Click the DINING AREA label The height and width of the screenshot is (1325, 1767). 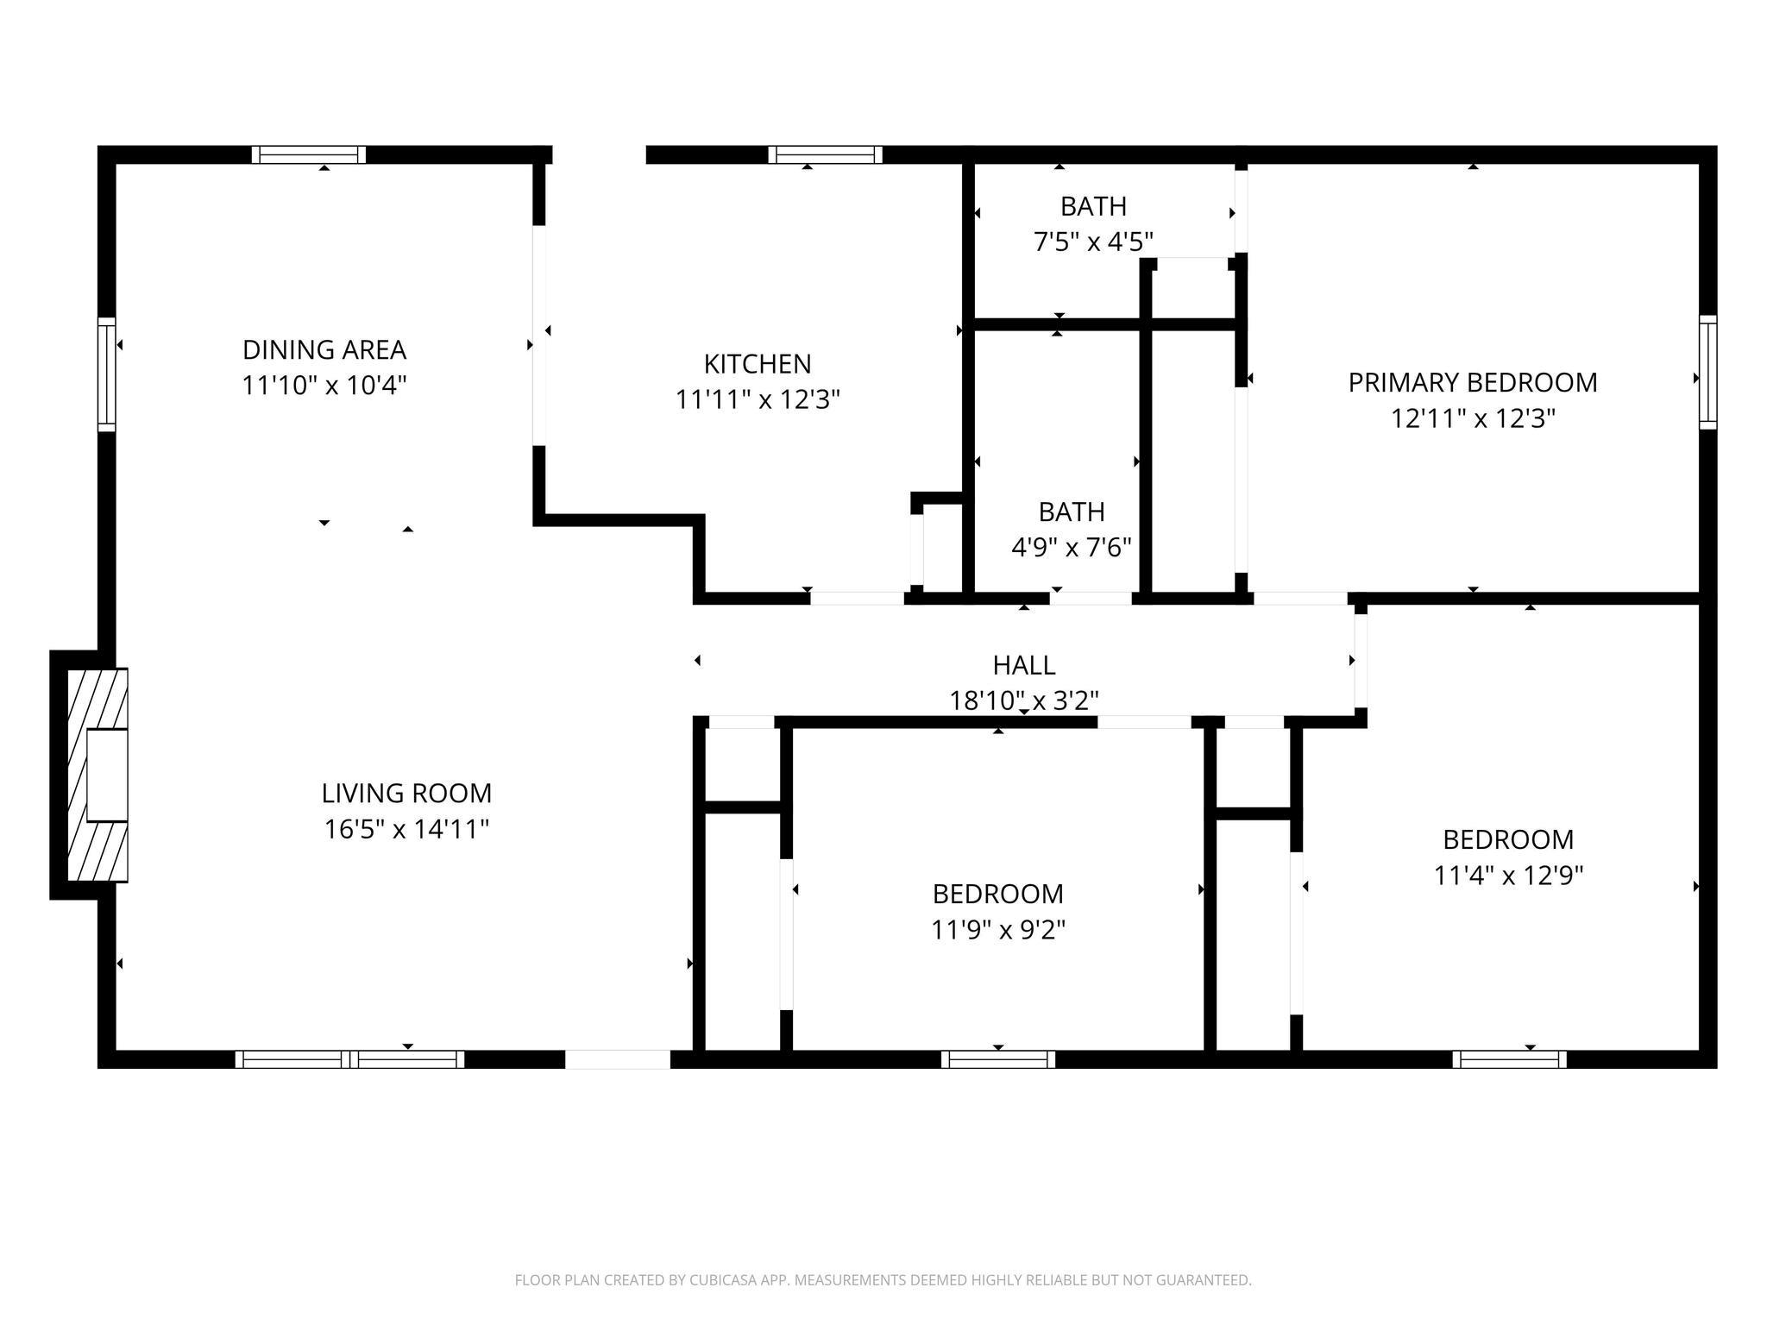324,349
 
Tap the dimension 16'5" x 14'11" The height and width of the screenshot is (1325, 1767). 406,829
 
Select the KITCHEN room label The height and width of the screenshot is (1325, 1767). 757,364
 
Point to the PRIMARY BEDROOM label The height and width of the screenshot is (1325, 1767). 1472,382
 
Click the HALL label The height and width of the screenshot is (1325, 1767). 1023,665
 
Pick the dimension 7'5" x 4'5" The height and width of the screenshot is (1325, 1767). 1093,242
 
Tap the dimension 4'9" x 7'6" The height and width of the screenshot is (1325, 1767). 1071,547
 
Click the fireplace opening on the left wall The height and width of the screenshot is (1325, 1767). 107,775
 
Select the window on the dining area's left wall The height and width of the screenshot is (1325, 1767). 106,374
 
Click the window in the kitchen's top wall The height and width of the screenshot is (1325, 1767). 825,154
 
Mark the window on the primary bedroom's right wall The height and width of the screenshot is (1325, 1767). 1707,372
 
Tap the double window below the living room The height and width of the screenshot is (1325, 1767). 349,1059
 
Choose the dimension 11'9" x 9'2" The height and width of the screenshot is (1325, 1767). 997,930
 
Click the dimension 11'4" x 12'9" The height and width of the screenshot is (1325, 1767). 1507,876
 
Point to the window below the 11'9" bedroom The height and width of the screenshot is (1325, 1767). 998,1059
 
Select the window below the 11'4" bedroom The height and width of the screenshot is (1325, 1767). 1509,1059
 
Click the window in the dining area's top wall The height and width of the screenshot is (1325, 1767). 309,154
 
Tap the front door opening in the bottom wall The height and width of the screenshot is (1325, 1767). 617,1059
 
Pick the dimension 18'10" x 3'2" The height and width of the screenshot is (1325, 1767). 1023,700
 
